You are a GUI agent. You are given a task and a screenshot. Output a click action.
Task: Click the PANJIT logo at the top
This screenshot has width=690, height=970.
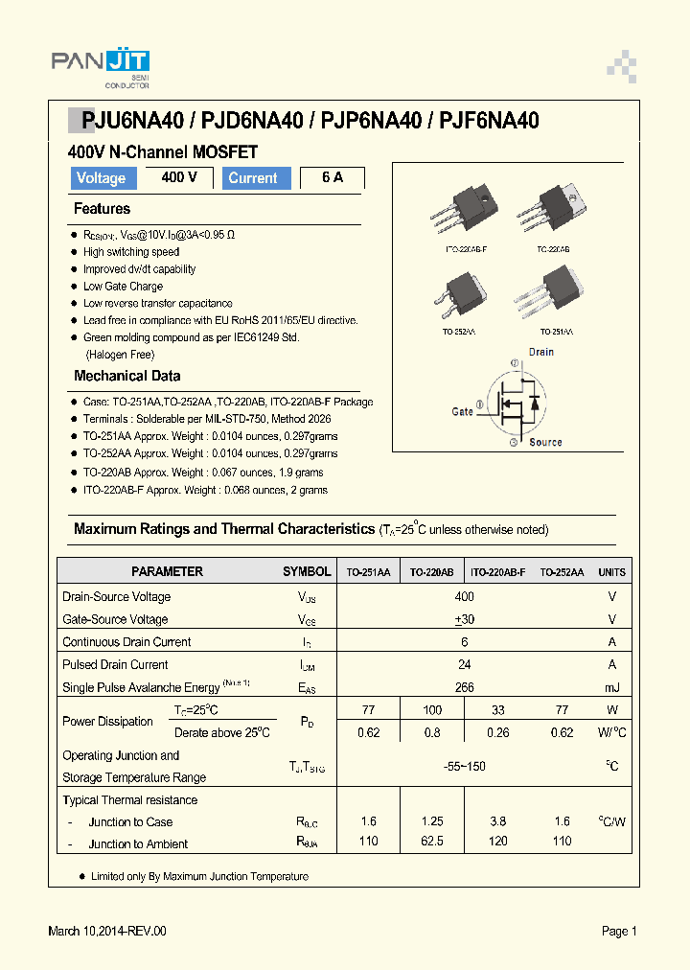pos(101,63)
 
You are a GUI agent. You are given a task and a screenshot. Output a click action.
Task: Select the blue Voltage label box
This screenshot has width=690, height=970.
pos(102,178)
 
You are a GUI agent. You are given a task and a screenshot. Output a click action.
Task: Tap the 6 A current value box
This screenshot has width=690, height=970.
pos(333,178)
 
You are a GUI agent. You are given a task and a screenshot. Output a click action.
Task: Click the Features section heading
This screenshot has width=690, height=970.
pos(102,209)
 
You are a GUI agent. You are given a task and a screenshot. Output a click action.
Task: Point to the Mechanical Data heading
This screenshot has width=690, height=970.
pos(126,376)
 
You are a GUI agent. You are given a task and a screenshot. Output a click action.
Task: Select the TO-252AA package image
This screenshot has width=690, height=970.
pos(466,296)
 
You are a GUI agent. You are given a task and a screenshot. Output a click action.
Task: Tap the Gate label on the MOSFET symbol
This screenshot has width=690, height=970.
pos(463,411)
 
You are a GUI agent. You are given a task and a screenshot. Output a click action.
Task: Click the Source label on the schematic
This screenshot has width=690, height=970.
pos(545,442)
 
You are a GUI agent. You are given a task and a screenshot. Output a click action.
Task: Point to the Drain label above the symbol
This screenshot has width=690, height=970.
pos(541,352)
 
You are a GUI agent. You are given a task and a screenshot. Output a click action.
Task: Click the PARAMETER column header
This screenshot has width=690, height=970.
pos(167,571)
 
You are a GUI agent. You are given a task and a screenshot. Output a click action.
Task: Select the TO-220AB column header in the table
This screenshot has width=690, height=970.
pos(431,572)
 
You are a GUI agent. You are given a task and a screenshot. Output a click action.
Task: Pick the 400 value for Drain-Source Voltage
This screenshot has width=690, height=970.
pos(465,596)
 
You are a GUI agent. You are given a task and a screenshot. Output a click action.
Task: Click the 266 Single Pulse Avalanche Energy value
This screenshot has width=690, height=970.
pos(465,687)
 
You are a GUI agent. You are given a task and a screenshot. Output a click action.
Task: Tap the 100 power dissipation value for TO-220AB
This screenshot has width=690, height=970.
pos(432,710)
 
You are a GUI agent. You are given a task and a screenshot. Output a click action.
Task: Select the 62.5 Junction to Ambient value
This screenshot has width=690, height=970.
pos(432,842)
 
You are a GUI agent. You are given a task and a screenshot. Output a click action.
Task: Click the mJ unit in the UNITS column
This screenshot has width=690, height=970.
pos(611,687)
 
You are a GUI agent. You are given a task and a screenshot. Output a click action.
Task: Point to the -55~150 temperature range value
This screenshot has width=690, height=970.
pos(465,766)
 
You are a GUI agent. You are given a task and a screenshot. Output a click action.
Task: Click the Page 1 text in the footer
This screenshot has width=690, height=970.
pos(619,931)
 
